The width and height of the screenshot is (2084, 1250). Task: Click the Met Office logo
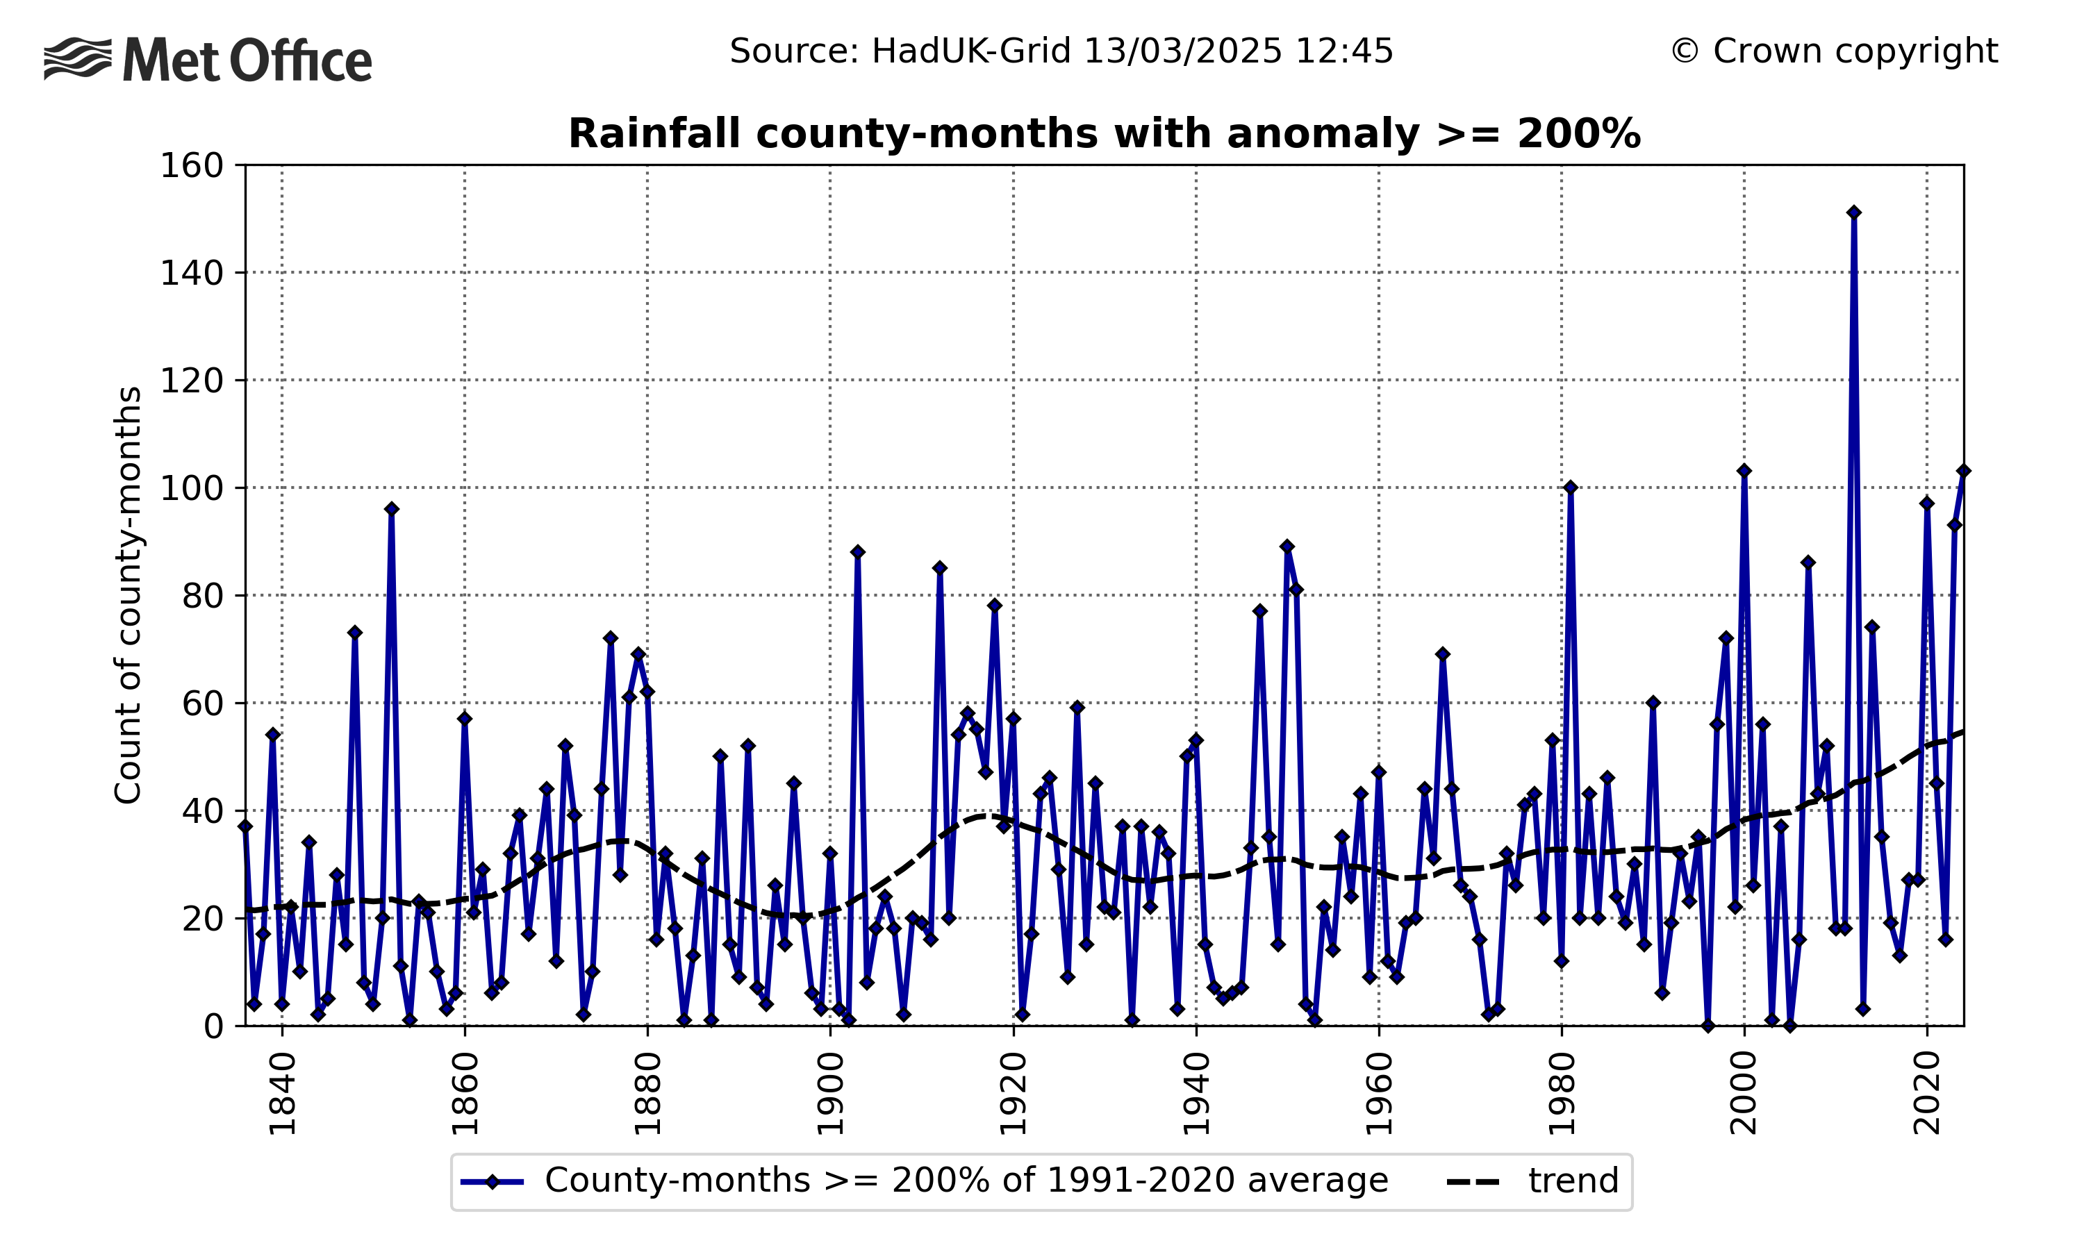point(207,60)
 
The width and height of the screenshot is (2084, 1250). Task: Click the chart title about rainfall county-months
point(1104,134)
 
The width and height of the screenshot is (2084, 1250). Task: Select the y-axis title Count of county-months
point(128,594)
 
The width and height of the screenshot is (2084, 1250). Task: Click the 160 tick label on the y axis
point(191,165)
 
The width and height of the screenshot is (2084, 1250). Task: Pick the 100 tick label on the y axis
point(191,487)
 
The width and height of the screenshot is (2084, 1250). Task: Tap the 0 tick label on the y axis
point(213,1026)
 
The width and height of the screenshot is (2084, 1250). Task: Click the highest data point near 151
point(1854,213)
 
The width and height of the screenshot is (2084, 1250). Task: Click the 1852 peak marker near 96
point(392,509)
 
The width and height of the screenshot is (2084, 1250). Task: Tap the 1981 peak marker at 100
point(1570,487)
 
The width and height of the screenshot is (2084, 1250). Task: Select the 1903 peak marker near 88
point(857,551)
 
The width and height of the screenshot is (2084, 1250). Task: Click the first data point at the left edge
point(245,826)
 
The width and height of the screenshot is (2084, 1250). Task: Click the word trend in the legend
point(1573,1181)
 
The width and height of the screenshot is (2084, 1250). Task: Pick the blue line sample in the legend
point(493,1182)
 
